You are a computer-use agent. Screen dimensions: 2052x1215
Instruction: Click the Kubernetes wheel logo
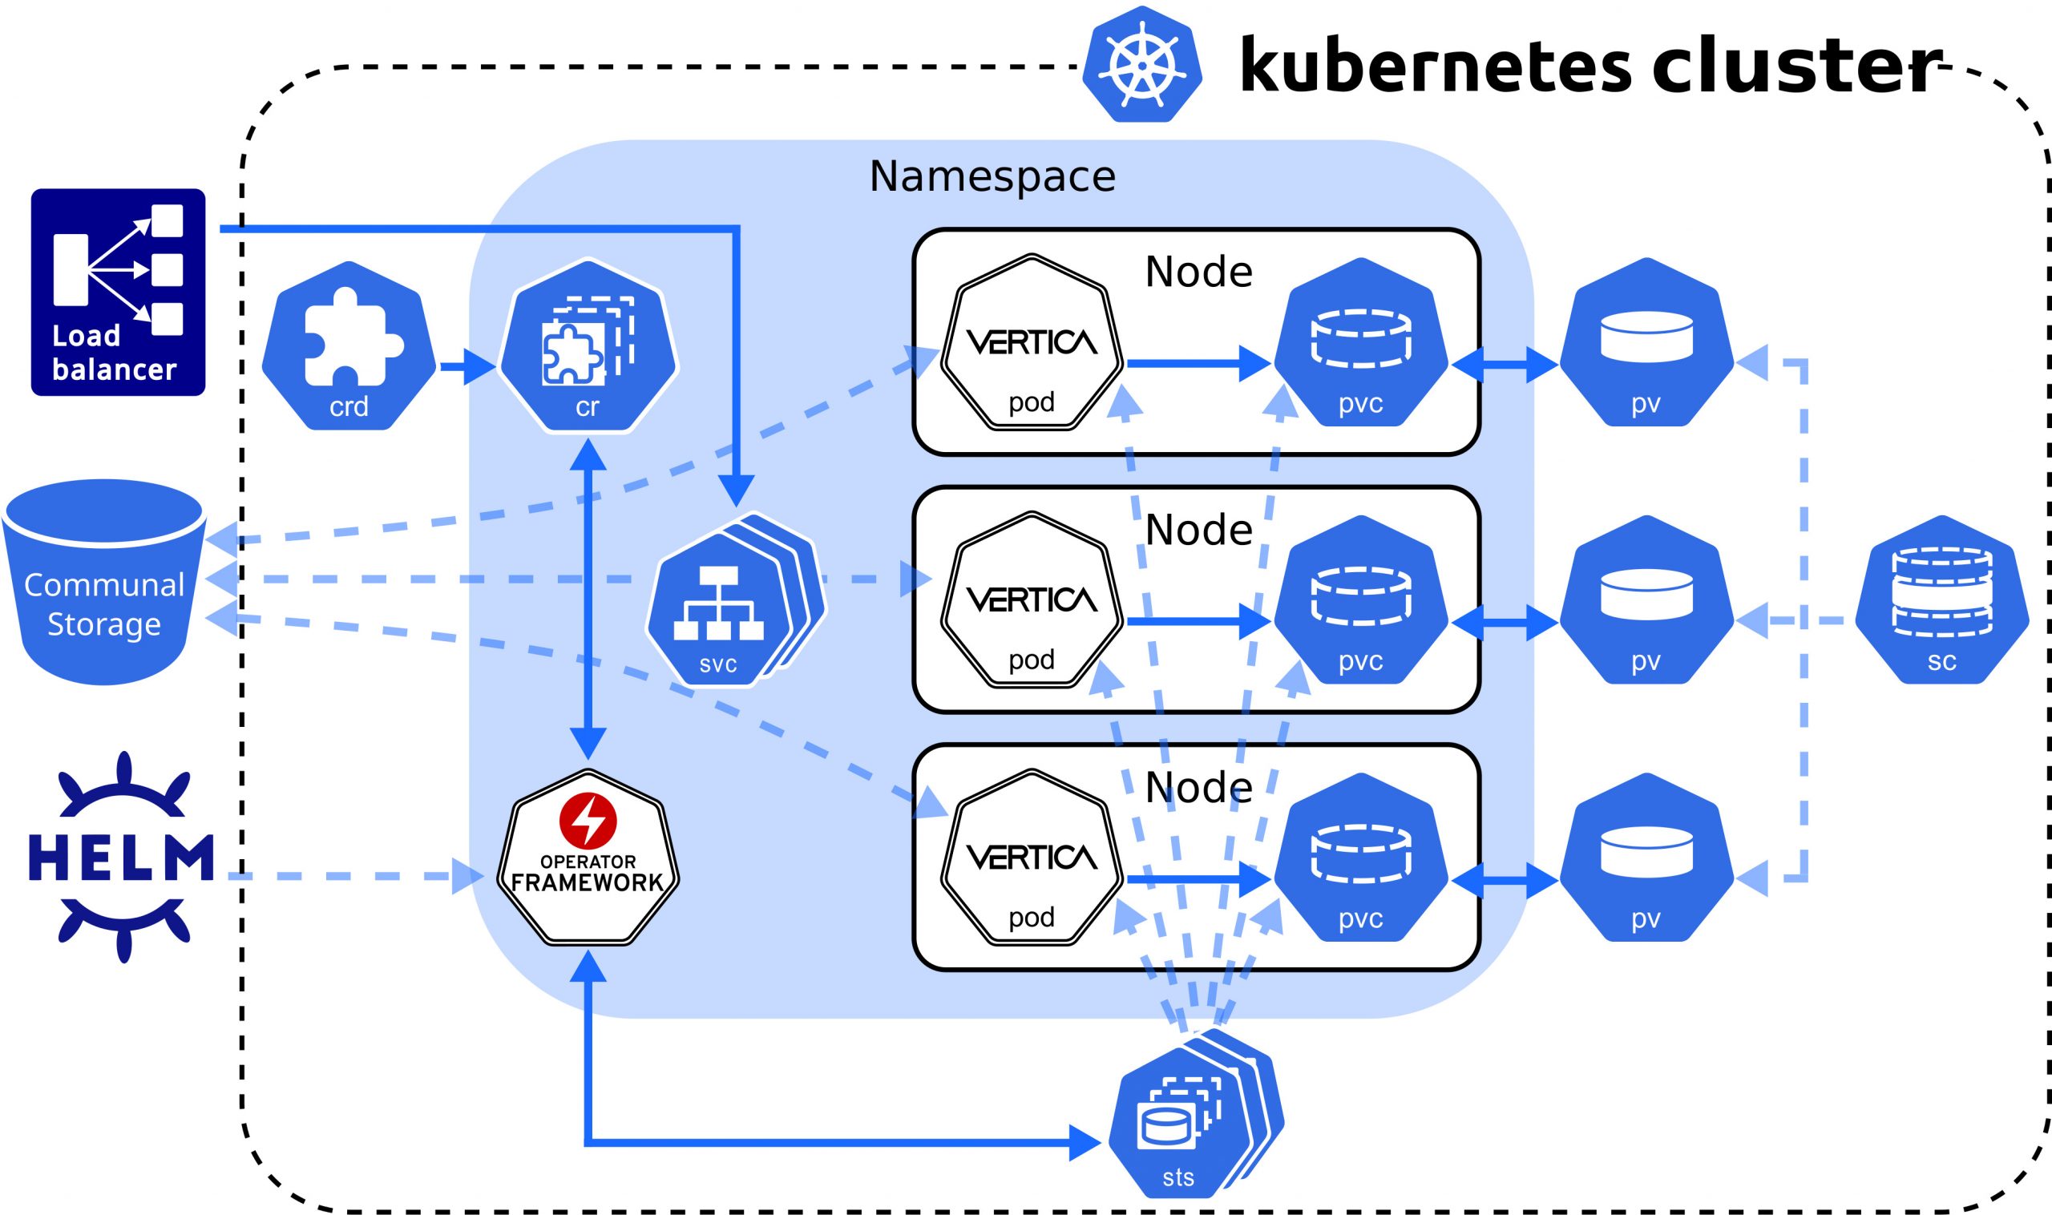(x=1142, y=65)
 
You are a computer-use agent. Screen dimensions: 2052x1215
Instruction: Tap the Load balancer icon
(x=118, y=293)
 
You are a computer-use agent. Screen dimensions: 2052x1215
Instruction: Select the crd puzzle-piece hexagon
(x=349, y=345)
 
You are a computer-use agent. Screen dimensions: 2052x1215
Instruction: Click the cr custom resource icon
(x=588, y=345)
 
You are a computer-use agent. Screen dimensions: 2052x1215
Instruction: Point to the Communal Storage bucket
(x=103, y=581)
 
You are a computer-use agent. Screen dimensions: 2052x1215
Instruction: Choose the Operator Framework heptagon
(x=588, y=858)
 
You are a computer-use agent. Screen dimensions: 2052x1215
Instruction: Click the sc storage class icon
(x=1941, y=599)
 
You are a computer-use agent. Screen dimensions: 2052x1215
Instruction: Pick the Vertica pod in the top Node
(x=1032, y=341)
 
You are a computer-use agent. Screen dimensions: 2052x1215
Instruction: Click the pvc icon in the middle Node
(x=1361, y=599)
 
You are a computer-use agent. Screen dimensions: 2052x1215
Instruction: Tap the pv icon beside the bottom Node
(x=1646, y=858)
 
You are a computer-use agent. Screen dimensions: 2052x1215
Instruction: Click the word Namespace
(x=992, y=176)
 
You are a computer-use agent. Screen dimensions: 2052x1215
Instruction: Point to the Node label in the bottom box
(x=1198, y=788)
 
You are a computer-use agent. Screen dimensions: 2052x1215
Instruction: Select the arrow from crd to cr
(x=467, y=366)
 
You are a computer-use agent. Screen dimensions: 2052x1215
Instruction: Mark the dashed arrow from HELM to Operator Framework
(x=357, y=876)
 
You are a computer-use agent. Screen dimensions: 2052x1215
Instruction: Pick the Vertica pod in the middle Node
(x=1032, y=599)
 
